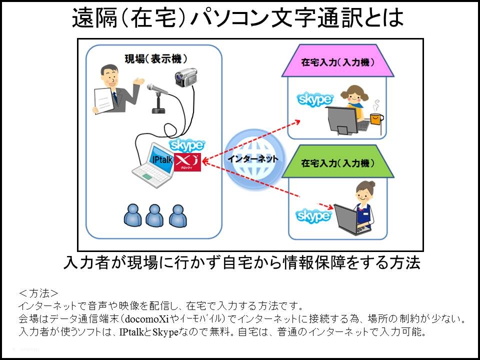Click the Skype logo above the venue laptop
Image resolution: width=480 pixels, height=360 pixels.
187,145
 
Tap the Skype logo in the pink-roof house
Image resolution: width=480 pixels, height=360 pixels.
315,99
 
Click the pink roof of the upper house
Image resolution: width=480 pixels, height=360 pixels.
338,63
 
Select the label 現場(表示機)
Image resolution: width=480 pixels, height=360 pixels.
148,59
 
